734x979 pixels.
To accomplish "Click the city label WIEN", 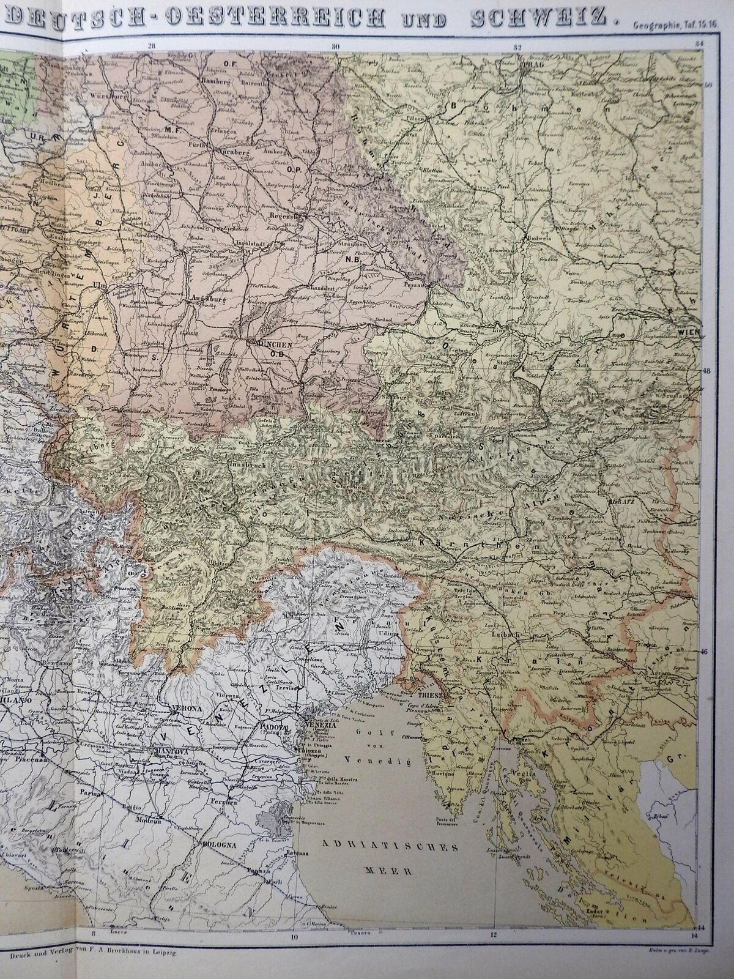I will tap(687, 332).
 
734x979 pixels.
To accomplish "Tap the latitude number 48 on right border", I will tap(706, 371).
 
